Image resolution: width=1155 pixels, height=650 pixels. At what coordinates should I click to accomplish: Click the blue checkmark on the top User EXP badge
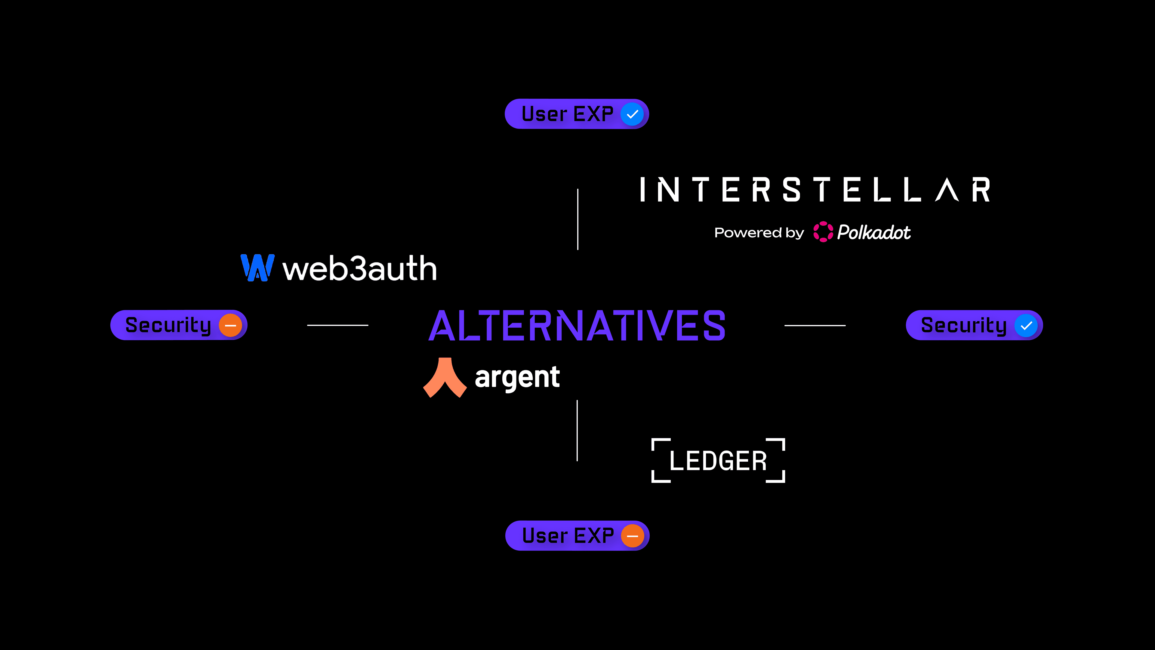click(632, 114)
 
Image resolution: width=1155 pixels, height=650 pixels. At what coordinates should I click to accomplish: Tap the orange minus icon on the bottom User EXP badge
click(633, 536)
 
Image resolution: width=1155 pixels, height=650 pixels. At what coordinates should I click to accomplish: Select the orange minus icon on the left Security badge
click(230, 325)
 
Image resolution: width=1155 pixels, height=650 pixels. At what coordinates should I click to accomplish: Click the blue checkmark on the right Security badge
click(1026, 326)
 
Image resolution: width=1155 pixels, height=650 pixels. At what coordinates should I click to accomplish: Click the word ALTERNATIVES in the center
click(577, 326)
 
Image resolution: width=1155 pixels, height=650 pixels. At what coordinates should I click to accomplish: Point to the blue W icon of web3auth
click(257, 268)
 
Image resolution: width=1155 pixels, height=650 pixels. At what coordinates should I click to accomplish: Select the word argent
click(517, 377)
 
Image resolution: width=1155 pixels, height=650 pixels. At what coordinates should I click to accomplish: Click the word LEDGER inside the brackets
click(718, 461)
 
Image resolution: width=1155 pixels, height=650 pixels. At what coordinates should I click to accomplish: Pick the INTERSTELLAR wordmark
click(815, 190)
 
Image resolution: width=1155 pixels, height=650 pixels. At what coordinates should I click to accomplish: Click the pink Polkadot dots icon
click(823, 232)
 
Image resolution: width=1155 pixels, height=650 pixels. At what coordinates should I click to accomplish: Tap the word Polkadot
click(874, 232)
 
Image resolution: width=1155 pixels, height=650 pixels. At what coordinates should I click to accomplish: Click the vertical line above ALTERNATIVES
click(577, 219)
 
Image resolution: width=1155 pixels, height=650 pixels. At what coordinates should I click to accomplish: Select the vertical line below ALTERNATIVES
click(577, 431)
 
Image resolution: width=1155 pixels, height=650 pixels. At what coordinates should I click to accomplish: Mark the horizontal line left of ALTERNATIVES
click(337, 325)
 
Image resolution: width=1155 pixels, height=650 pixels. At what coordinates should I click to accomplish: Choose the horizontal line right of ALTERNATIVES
click(815, 325)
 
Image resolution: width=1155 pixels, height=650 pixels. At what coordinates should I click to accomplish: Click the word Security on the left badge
click(168, 325)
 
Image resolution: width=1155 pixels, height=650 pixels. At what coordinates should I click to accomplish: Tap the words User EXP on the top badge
click(567, 114)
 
